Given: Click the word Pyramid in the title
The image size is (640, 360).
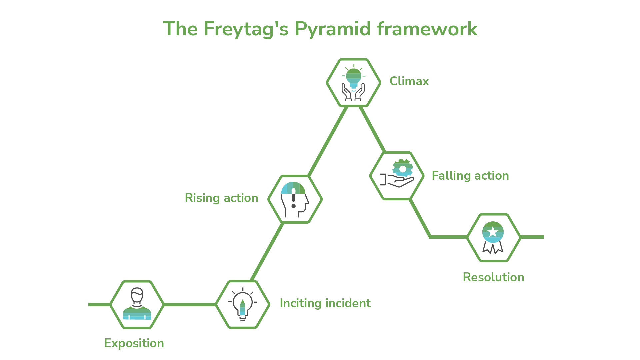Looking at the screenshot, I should point(332,29).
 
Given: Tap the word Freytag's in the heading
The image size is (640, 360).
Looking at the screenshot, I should point(246,29).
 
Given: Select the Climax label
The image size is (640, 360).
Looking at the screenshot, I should point(409,81).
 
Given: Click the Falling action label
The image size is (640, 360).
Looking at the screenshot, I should point(470,176).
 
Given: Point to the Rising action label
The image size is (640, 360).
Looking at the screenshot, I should point(221,198).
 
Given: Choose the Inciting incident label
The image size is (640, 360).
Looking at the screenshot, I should point(325,303).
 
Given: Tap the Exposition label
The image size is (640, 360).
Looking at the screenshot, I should point(134,343).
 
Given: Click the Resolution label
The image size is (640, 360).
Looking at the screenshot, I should point(493,277).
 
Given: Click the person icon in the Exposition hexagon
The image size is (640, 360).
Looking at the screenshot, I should point(137,304).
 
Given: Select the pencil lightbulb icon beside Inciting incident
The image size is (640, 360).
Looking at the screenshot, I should point(243,304).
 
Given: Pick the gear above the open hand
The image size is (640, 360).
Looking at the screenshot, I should point(403,168).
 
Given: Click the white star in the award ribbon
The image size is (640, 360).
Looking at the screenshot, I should point(493,232).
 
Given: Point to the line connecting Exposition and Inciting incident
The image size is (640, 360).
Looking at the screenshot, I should point(190,304).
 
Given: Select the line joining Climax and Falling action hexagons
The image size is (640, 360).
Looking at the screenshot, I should point(373,129).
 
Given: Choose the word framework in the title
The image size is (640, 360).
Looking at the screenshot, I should point(427,29).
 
